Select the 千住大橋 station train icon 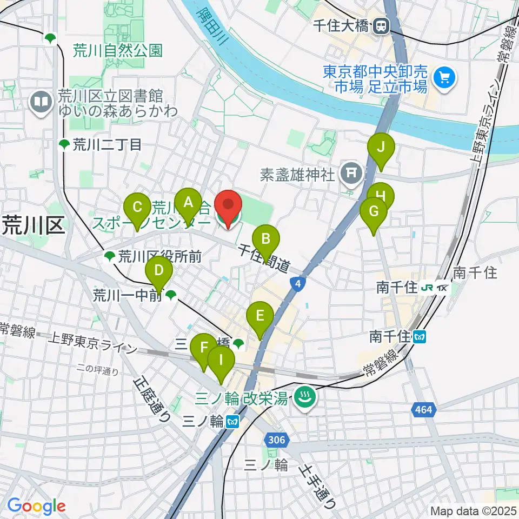(x=382, y=25)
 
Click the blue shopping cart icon (x=445, y=78)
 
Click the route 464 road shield (x=424, y=410)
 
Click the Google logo (x=36, y=507)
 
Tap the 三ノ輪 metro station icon (x=232, y=421)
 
